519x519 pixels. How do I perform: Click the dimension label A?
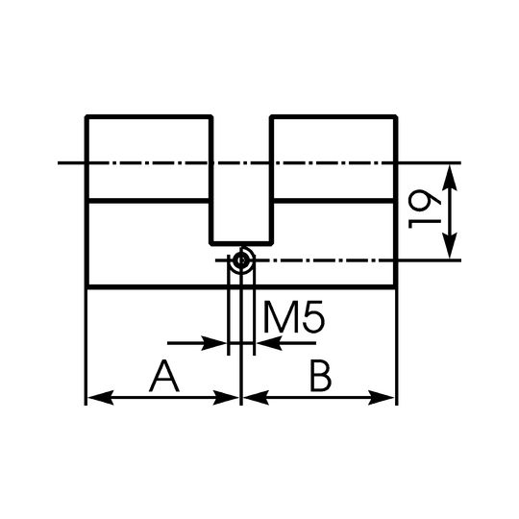coord(164,377)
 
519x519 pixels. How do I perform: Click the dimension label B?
coord(320,377)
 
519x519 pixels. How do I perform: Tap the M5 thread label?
coord(294,317)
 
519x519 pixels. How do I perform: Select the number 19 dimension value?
coord(425,210)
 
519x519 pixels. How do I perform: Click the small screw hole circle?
coord(241,260)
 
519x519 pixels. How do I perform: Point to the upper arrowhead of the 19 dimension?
coord(450,178)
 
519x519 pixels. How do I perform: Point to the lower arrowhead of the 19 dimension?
coord(450,246)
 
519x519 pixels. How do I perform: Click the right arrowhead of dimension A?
coord(226,398)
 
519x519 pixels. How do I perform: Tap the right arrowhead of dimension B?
coord(382,398)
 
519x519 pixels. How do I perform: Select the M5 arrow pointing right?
coord(197,343)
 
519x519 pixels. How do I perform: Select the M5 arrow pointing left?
coord(286,343)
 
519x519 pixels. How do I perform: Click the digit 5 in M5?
coord(313,317)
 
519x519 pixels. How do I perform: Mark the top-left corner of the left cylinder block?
coord(86,116)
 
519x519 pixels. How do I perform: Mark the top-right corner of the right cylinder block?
coord(396,116)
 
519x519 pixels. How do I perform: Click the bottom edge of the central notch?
coord(241,243)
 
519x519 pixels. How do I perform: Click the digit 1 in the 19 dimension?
coord(425,225)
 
